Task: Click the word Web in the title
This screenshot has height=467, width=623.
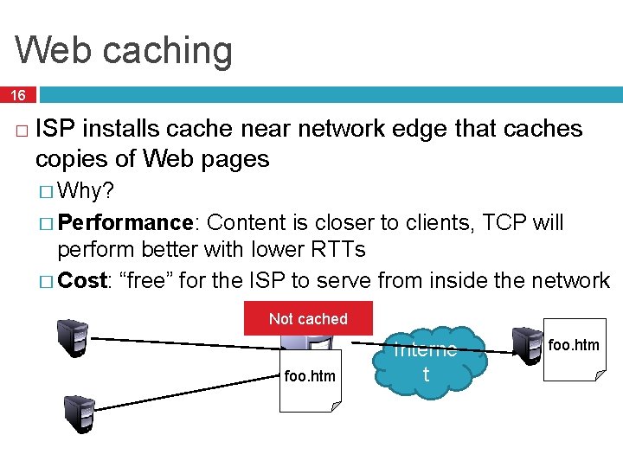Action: click(54, 49)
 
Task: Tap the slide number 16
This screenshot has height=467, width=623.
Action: click(18, 94)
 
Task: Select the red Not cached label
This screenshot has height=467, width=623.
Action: click(308, 318)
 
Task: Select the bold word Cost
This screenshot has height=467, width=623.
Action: click(82, 280)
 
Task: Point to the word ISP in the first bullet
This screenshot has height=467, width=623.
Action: click(55, 129)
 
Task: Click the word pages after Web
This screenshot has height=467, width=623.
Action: click(236, 159)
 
